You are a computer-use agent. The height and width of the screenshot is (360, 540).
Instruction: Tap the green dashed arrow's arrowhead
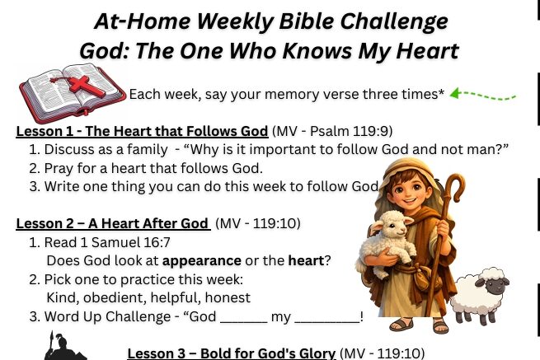(455, 93)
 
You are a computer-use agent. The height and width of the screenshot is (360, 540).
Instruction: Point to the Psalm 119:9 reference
(350, 131)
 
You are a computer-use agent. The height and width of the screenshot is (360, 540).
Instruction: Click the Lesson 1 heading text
(142, 132)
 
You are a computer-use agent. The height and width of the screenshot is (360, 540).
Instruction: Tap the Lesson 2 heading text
(112, 224)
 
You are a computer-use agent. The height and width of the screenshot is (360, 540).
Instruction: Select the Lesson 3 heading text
(231, 353)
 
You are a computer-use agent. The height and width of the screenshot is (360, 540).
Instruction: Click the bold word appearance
(201, 261)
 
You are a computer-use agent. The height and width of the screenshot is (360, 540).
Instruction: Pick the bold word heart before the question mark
(306, 260)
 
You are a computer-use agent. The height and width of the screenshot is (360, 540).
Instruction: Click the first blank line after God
(243, 321)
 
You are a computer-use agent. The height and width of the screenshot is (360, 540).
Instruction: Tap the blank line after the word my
(327, 321)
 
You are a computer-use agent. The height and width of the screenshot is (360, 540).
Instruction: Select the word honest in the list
(228, 297)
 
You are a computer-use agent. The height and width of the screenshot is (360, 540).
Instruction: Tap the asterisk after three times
(441, 91)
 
